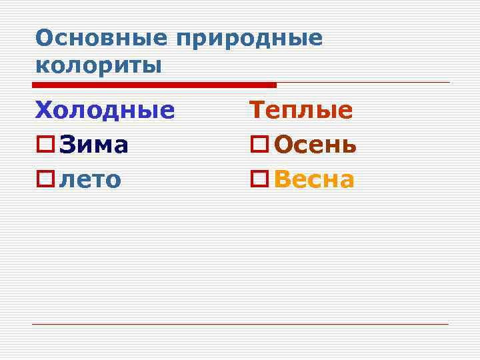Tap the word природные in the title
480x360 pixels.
pos(249,39)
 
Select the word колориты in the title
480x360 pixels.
pos(99,66)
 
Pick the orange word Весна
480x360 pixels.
pos(314,179)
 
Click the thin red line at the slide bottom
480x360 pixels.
pos(240,324)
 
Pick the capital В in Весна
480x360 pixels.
pos(282,179)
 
